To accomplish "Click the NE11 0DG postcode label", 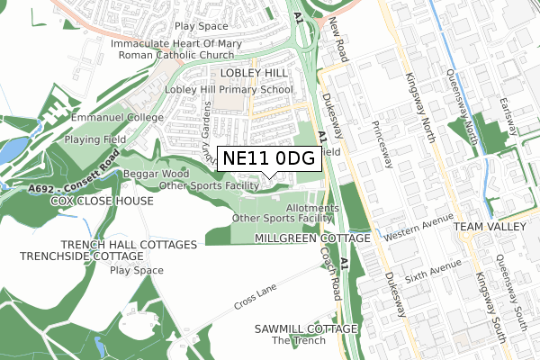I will (268, 158).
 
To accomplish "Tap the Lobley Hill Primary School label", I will (229, 90).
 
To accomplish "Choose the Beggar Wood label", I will (156, 173).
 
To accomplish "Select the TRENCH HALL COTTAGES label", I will (129, 245).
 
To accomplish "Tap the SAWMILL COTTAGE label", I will (306, 329).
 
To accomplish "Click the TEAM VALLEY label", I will (489, 228).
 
